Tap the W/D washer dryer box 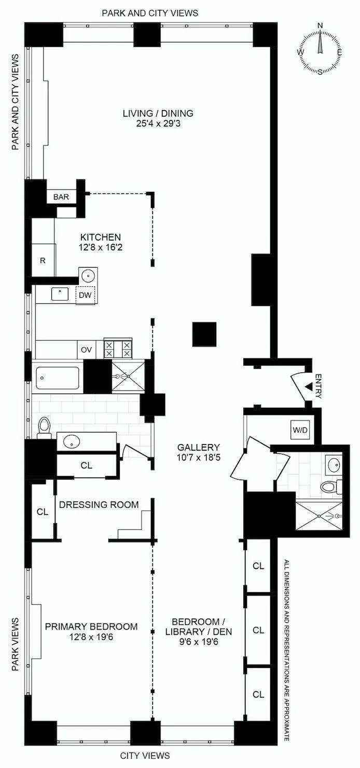tap(299, 429)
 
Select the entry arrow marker tap(309, 387)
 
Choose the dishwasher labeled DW tap(85, 295)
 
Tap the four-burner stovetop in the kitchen tap(118, 348)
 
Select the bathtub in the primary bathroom tap(58, 377)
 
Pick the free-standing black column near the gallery tap(204, 334)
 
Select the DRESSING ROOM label tap(99, 505)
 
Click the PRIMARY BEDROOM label tap(91, 626)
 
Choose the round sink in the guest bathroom tap(333, 463)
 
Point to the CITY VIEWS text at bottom tap(145, 756)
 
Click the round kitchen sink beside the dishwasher tap(88, 275)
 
